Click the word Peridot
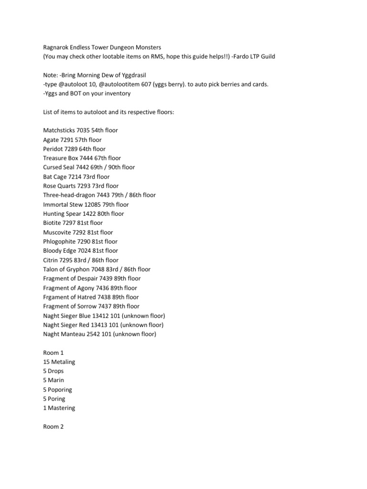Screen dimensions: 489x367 click(x=53, y=149)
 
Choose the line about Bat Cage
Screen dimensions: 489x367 click(x=76, y=177)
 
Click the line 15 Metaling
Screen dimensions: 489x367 click(x=59, y=362)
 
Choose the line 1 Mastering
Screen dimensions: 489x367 click(x=59, y=408)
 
